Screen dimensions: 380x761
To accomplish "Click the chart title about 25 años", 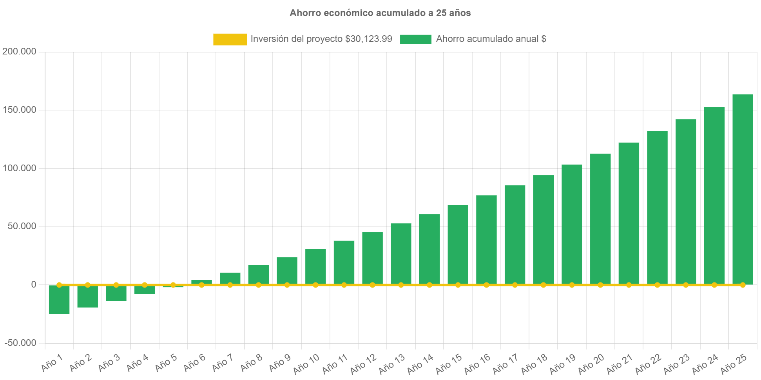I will point(380,13).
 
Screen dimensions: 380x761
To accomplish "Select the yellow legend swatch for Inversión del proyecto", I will point(230,39).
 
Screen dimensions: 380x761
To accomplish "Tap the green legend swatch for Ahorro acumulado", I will point(416,39).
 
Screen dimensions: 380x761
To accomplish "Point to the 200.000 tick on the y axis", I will point(19,51).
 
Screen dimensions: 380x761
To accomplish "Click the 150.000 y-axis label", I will point(19,110).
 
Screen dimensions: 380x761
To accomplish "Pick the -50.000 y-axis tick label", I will point(20,343).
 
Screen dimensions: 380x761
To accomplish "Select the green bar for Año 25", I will point(743,188).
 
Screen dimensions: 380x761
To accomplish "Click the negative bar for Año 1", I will point(59,300).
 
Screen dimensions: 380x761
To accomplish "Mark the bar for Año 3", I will point(116,293).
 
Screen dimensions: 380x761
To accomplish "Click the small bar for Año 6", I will point(201,282).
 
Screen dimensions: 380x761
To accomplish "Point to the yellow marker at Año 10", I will point(315,285).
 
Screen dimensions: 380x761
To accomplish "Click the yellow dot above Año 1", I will point(59,285).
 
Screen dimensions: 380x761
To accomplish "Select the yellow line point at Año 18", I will point(543,285).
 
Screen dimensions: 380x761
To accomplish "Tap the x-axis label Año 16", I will point(477,364).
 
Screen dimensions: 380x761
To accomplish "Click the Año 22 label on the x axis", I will point(648,364).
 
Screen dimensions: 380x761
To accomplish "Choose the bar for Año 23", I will point(686,202).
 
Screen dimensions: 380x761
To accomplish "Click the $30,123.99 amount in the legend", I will point(368,39).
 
